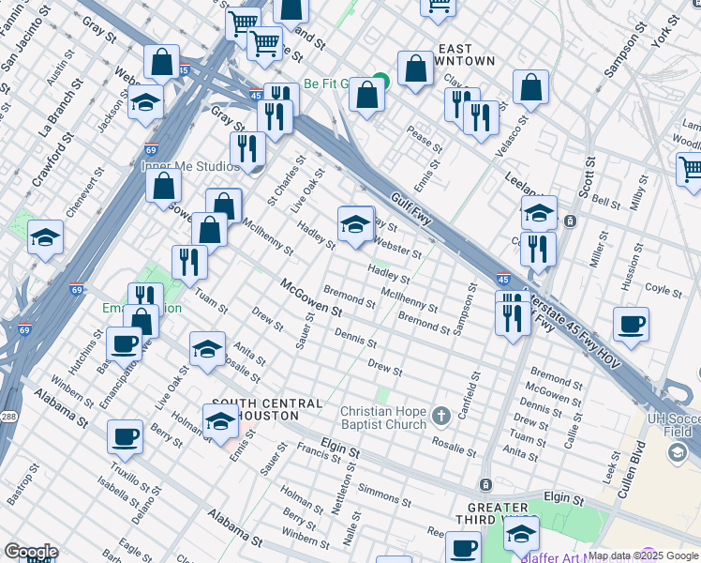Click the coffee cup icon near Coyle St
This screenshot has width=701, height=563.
(631, 326)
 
